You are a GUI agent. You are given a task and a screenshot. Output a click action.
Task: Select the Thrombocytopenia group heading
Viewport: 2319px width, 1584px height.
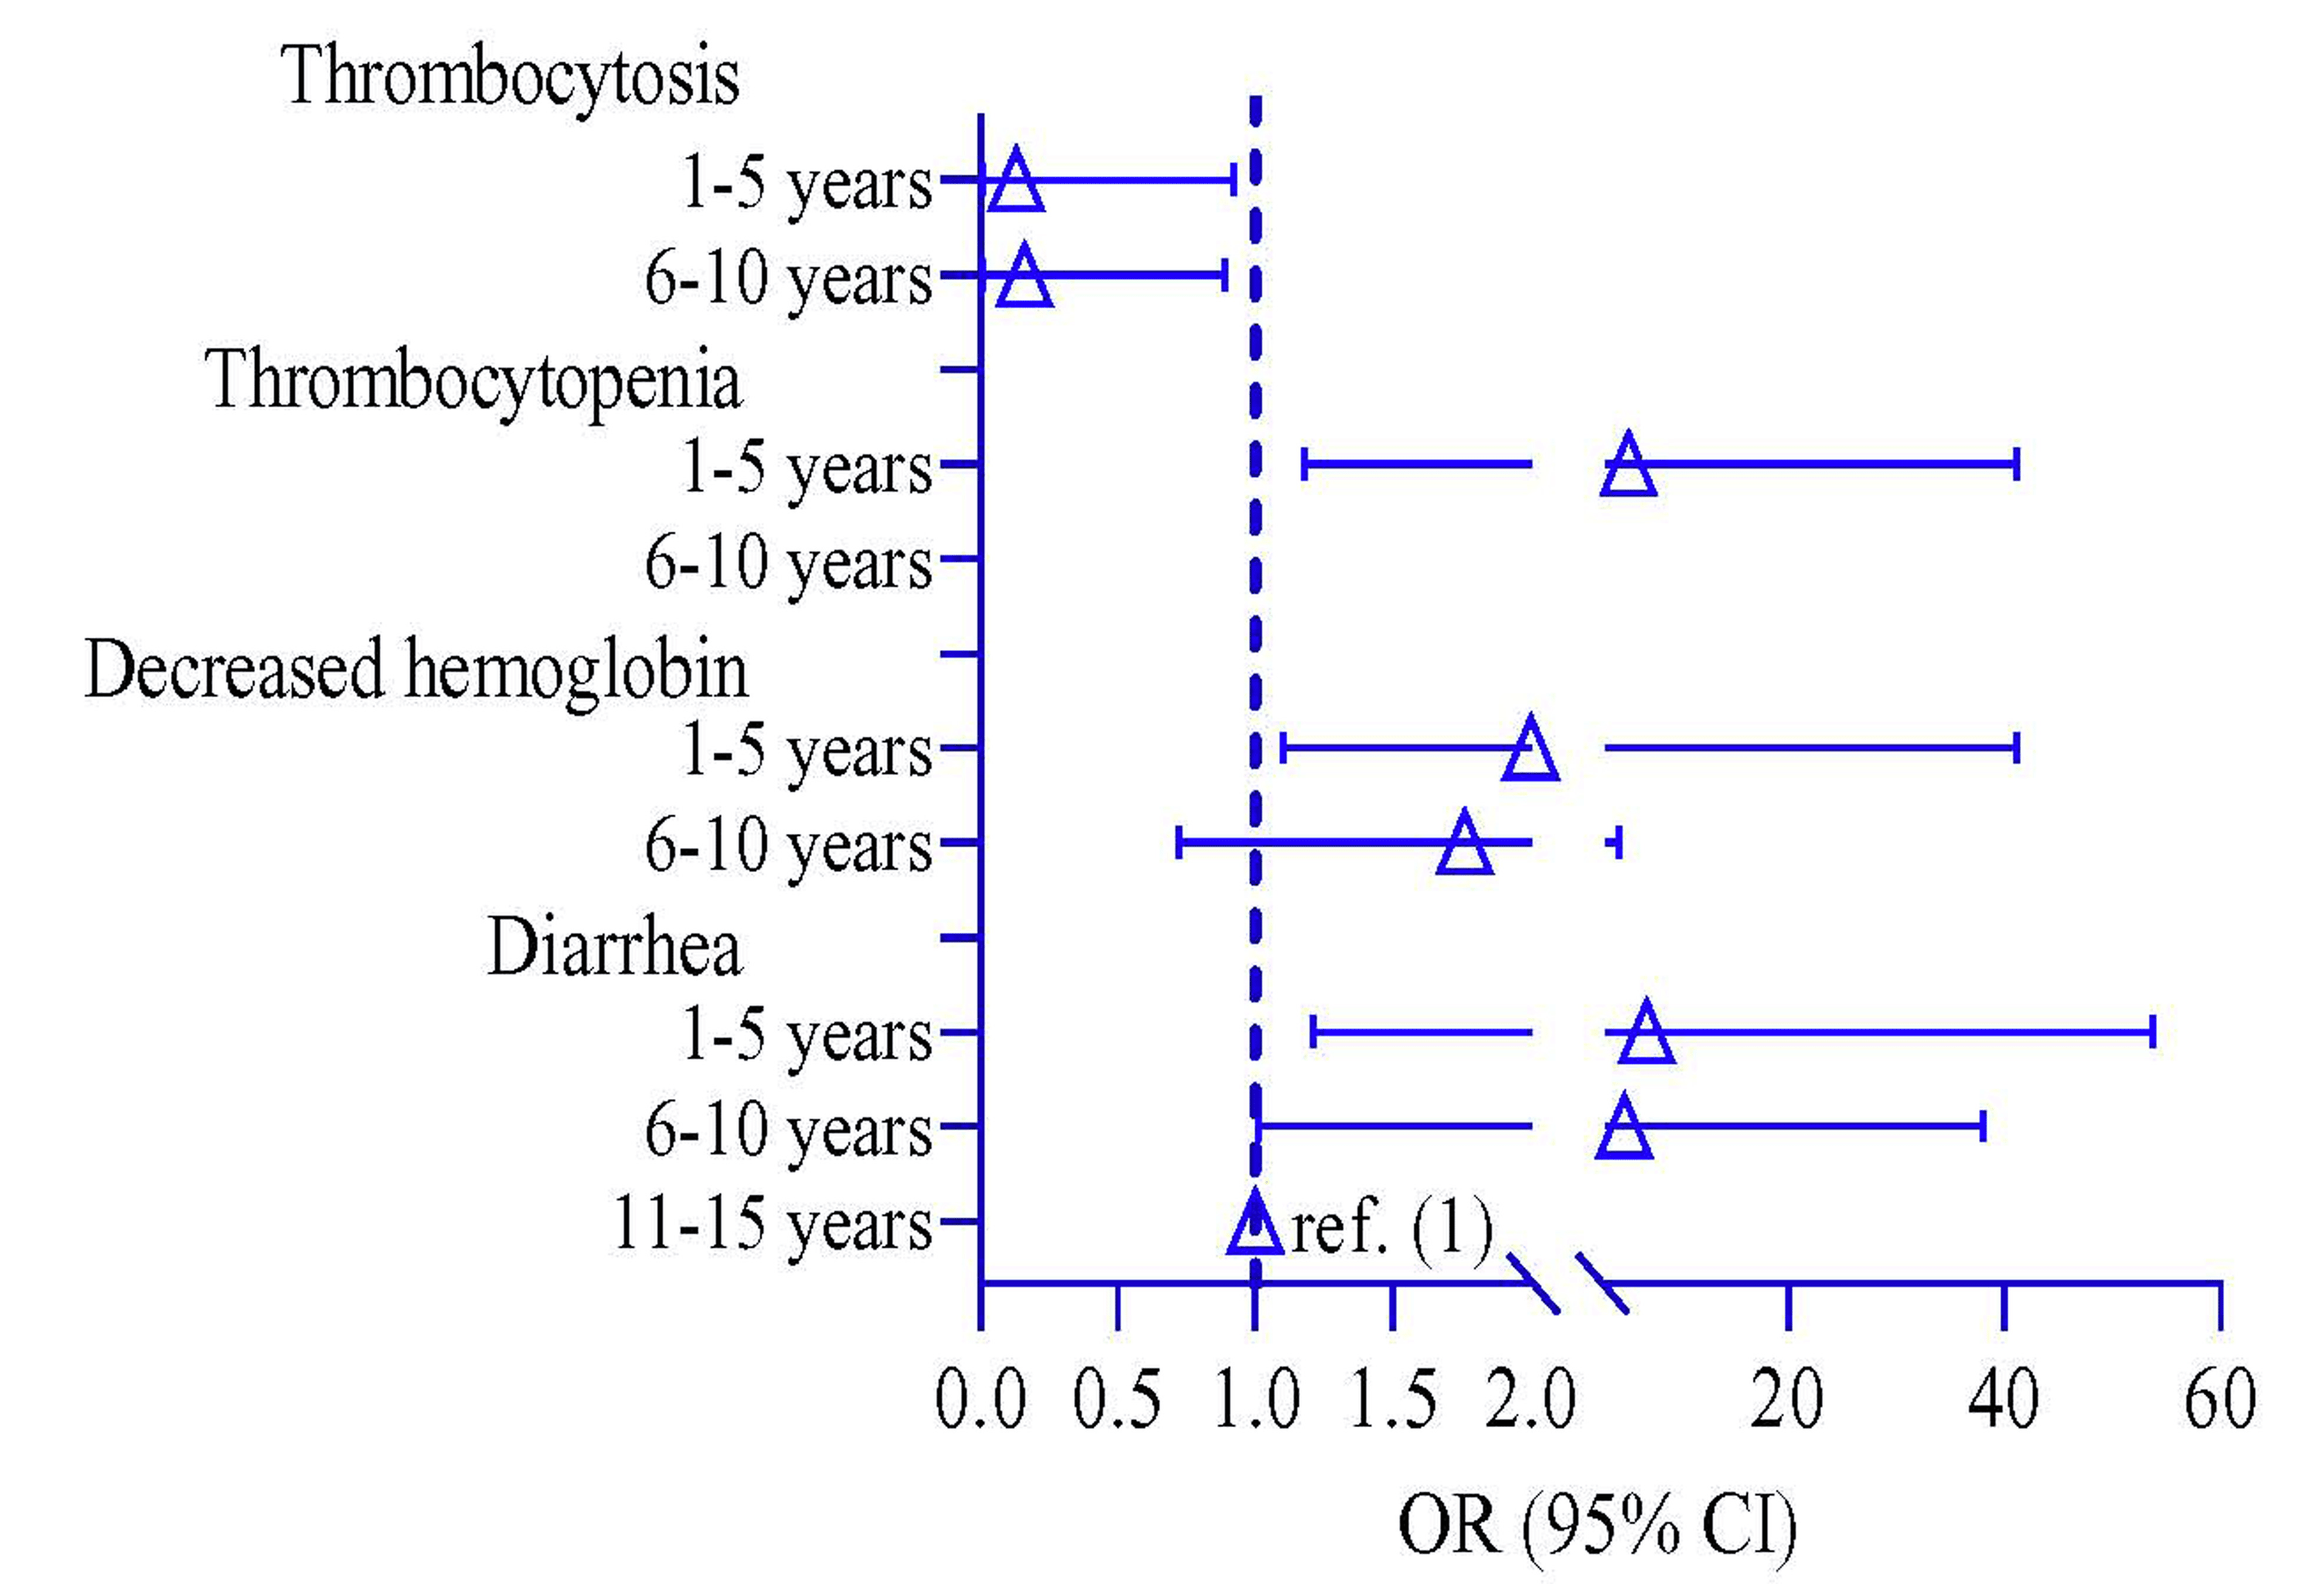[474, 381]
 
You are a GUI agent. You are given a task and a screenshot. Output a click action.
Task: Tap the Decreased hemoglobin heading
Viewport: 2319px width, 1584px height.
[416, 669]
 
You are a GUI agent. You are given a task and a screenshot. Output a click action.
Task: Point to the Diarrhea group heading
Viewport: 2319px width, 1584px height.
[615, 947]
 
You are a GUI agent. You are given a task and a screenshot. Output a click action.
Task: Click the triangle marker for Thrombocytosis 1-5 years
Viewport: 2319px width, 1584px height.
[1016, 182]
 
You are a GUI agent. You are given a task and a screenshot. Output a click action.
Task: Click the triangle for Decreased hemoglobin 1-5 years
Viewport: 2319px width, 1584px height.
[1531, 751]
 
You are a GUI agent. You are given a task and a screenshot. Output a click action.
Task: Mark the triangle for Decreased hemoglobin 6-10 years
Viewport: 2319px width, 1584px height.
[1465, 846]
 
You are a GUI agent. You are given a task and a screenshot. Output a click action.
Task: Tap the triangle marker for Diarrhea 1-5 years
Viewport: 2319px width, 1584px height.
[1646, 1035]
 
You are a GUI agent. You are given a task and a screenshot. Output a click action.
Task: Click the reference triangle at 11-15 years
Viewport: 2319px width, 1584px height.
[1255, 1225]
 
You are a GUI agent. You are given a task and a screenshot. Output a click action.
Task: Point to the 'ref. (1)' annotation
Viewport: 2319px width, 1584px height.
[1392, 1227]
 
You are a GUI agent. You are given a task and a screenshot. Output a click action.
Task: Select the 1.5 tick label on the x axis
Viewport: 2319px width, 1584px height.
[1393, 1399]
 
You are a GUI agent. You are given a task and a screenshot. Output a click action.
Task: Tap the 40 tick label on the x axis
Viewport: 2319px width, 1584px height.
[2004, 1399]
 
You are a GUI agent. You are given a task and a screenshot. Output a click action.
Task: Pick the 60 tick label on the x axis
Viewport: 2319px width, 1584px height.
[2219, 1399]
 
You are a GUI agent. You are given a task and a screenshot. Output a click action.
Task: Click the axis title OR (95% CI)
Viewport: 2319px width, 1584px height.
[1596, 1524]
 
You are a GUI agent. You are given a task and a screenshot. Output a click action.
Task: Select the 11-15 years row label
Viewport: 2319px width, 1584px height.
[771, 1225]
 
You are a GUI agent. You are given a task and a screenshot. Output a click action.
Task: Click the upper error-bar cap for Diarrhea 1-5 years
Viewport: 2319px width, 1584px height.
[2152, 1031]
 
